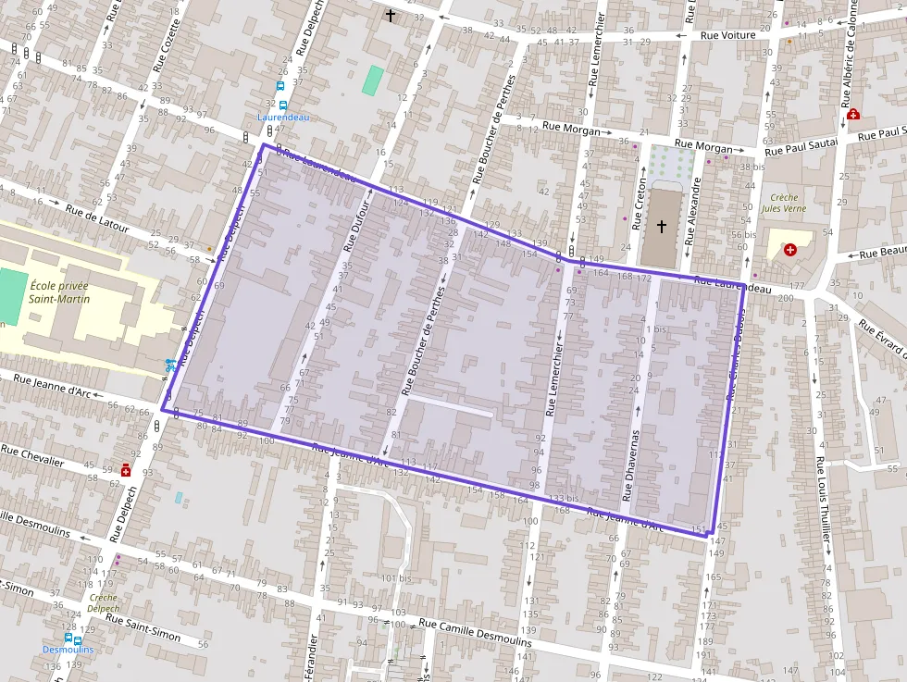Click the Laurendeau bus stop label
[x=283, y=118]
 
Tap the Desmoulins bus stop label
[x=68, y=650]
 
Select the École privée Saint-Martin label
[x=58, y=292]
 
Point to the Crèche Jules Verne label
[x=783, y=203]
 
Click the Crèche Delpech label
[x=104, y=603]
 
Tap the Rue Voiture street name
[x=728, y=35]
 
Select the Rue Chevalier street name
[x=32, y=456]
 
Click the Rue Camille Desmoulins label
[x=475, y=633]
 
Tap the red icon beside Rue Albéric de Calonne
[x=853, y=115]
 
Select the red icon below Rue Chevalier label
[x=125, y=470]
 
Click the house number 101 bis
[x=395, y=579]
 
